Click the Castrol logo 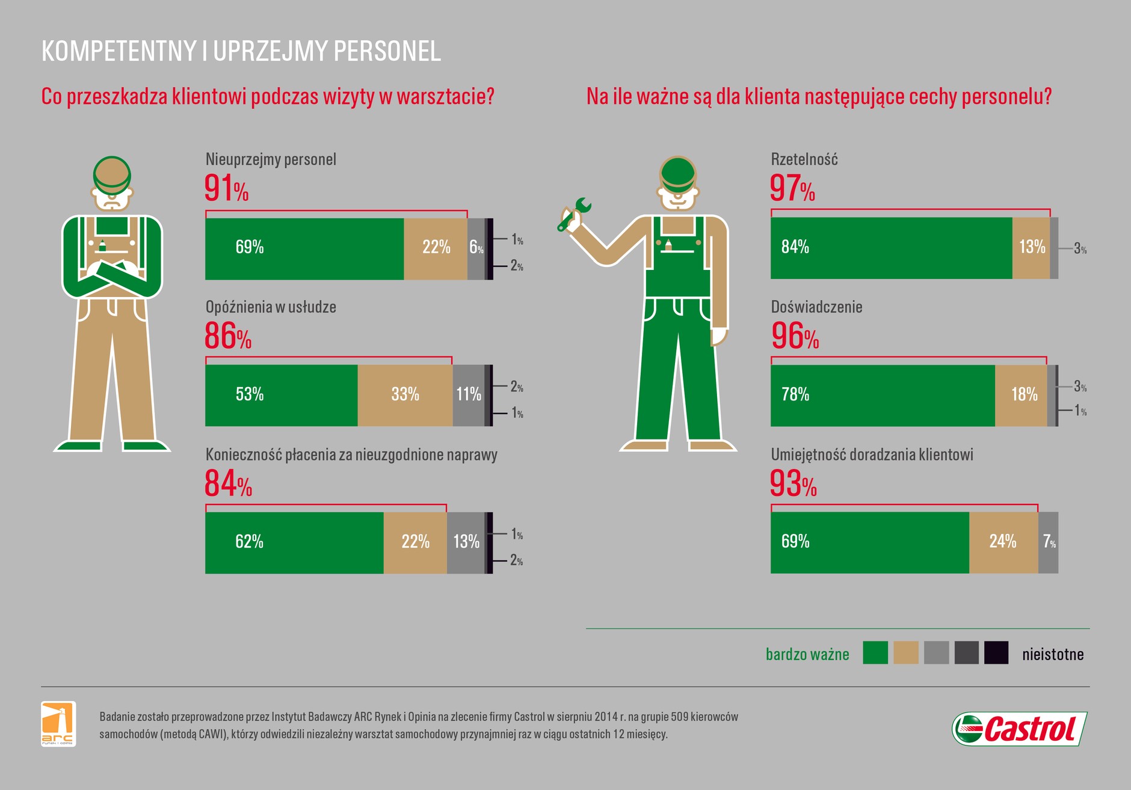(1020, 729)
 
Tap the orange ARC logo (58, 723)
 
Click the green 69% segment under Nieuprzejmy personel (304, 248)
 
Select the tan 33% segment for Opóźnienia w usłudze (405, 395)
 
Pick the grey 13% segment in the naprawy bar (466, 542)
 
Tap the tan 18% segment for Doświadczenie (1021, 395)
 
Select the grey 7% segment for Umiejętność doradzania (1048, 542)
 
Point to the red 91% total (226, 188)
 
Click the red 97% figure (792, 188)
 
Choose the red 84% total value (228, 483)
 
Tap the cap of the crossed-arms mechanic (112, 171)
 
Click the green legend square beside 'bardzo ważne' (875, 653)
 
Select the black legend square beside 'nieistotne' (996, 653)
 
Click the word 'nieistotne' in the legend (1052, 654)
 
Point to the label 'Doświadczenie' (816, 307)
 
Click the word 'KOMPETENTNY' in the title (119, 52)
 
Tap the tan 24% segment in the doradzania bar (1003, 542)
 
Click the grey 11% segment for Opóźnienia (468, 395)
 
